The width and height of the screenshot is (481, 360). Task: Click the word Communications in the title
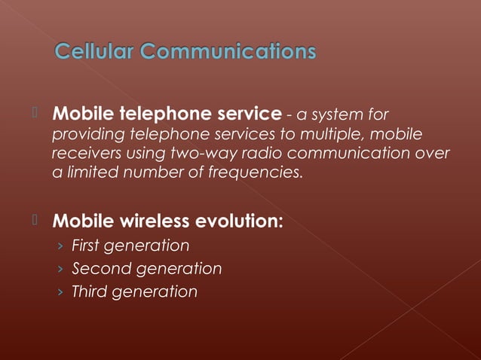228,52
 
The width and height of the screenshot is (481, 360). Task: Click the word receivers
84,154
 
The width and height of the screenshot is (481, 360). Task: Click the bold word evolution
240,222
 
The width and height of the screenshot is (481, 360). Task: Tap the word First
86,246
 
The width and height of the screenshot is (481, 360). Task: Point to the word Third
89,292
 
